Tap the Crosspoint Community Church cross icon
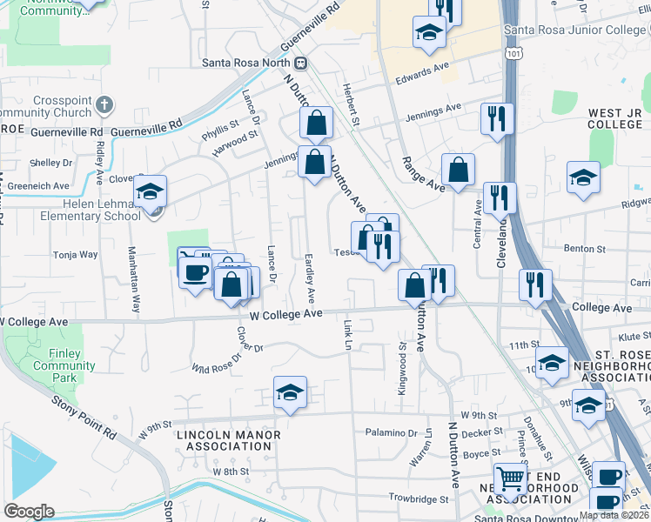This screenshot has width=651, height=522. (104, 106)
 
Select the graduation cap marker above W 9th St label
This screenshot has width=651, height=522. (291, 392)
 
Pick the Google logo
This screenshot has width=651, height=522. (29, 512)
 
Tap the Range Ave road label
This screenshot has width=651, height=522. (423, 174)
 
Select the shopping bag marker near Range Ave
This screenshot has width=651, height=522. (458, 170)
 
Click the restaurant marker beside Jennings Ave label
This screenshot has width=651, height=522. (497, 119)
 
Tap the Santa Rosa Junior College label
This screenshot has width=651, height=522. (577, 31)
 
